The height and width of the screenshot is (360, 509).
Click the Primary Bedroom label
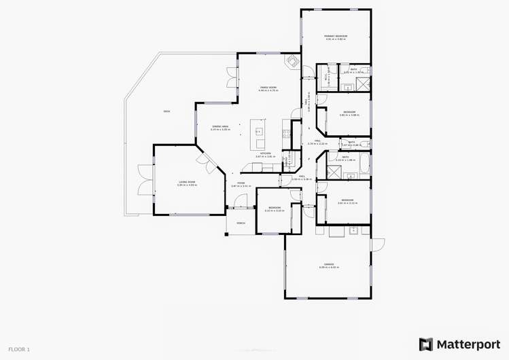[336, 36]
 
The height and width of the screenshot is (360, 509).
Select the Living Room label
[187, 182]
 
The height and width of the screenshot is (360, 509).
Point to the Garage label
[328, 265]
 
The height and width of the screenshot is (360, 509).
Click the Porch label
[241, 223]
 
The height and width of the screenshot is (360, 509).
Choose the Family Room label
[268, 88]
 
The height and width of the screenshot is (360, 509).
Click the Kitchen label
[266, 154]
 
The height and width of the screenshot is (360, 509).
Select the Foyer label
[241, 183]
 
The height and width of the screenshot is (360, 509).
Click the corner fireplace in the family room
[293, 62]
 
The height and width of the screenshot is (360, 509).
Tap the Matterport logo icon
[425, 344]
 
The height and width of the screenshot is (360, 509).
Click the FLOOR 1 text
[19, 349]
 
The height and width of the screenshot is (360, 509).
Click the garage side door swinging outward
[378, 242]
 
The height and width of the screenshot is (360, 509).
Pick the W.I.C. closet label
[326, 77]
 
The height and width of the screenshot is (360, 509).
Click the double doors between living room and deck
[143, 180]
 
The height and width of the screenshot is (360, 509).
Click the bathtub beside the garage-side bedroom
[363, 163]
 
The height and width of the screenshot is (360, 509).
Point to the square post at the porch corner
[227, 235]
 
